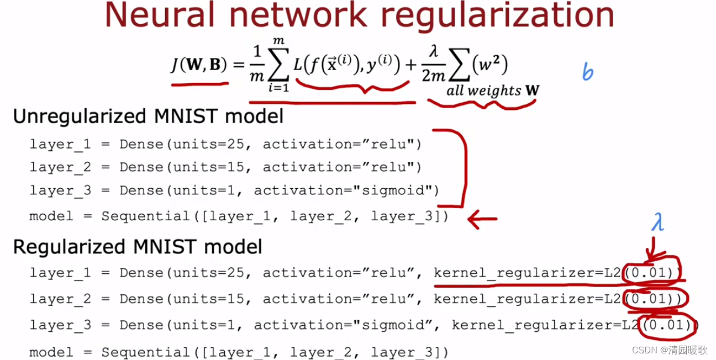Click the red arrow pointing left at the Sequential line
click(482, 219)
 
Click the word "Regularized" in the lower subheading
click(67, 246)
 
